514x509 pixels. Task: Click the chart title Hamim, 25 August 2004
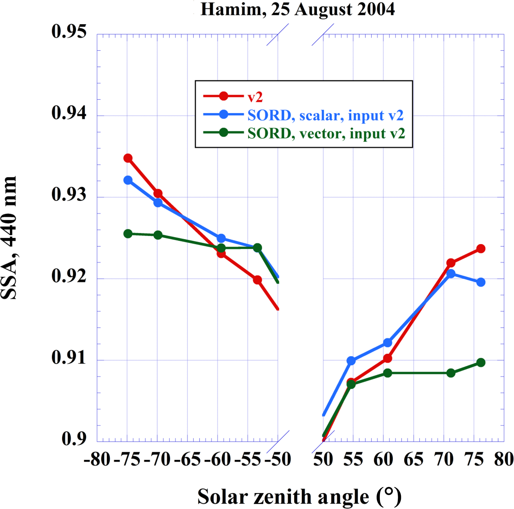click(297, 10)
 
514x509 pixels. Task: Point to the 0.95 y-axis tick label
click(69, 31)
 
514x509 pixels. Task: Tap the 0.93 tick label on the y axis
click(69, 194)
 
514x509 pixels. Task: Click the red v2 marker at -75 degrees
click(128, 158)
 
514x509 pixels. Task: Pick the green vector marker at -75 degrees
click(128, 234)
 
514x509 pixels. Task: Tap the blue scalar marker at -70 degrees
click(158, 203)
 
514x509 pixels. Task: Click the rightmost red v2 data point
click(481, 249)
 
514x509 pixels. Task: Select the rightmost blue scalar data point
click(481, 282)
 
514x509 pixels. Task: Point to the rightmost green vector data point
click(481, 363)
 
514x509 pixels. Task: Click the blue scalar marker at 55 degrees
click(351, 361)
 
